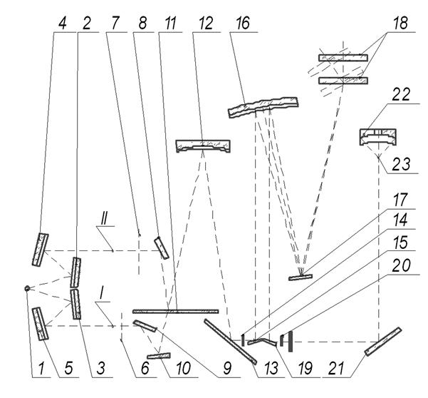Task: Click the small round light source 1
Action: click(x=26, y=288)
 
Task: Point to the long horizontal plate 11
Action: click(x=175, y=311)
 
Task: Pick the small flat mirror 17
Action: click(x=301, y=277)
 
